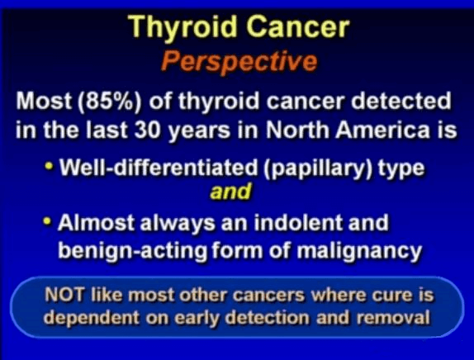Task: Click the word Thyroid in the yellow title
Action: coord(182,28)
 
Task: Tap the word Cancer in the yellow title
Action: coord(298,26)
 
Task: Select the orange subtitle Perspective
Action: coord(239,62)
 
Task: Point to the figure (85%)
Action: coord(110,102)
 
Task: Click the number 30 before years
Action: coord(147,130)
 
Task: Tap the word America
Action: coord(382,130)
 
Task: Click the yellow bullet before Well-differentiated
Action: coord(49,166)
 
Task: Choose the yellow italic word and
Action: coord(230,192)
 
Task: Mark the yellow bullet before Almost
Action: coord(47,221)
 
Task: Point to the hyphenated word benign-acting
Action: coord(133,250)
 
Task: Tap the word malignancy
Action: coord(359,250)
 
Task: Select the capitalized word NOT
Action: coord(64,295)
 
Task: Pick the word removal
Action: coord(393,318)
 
